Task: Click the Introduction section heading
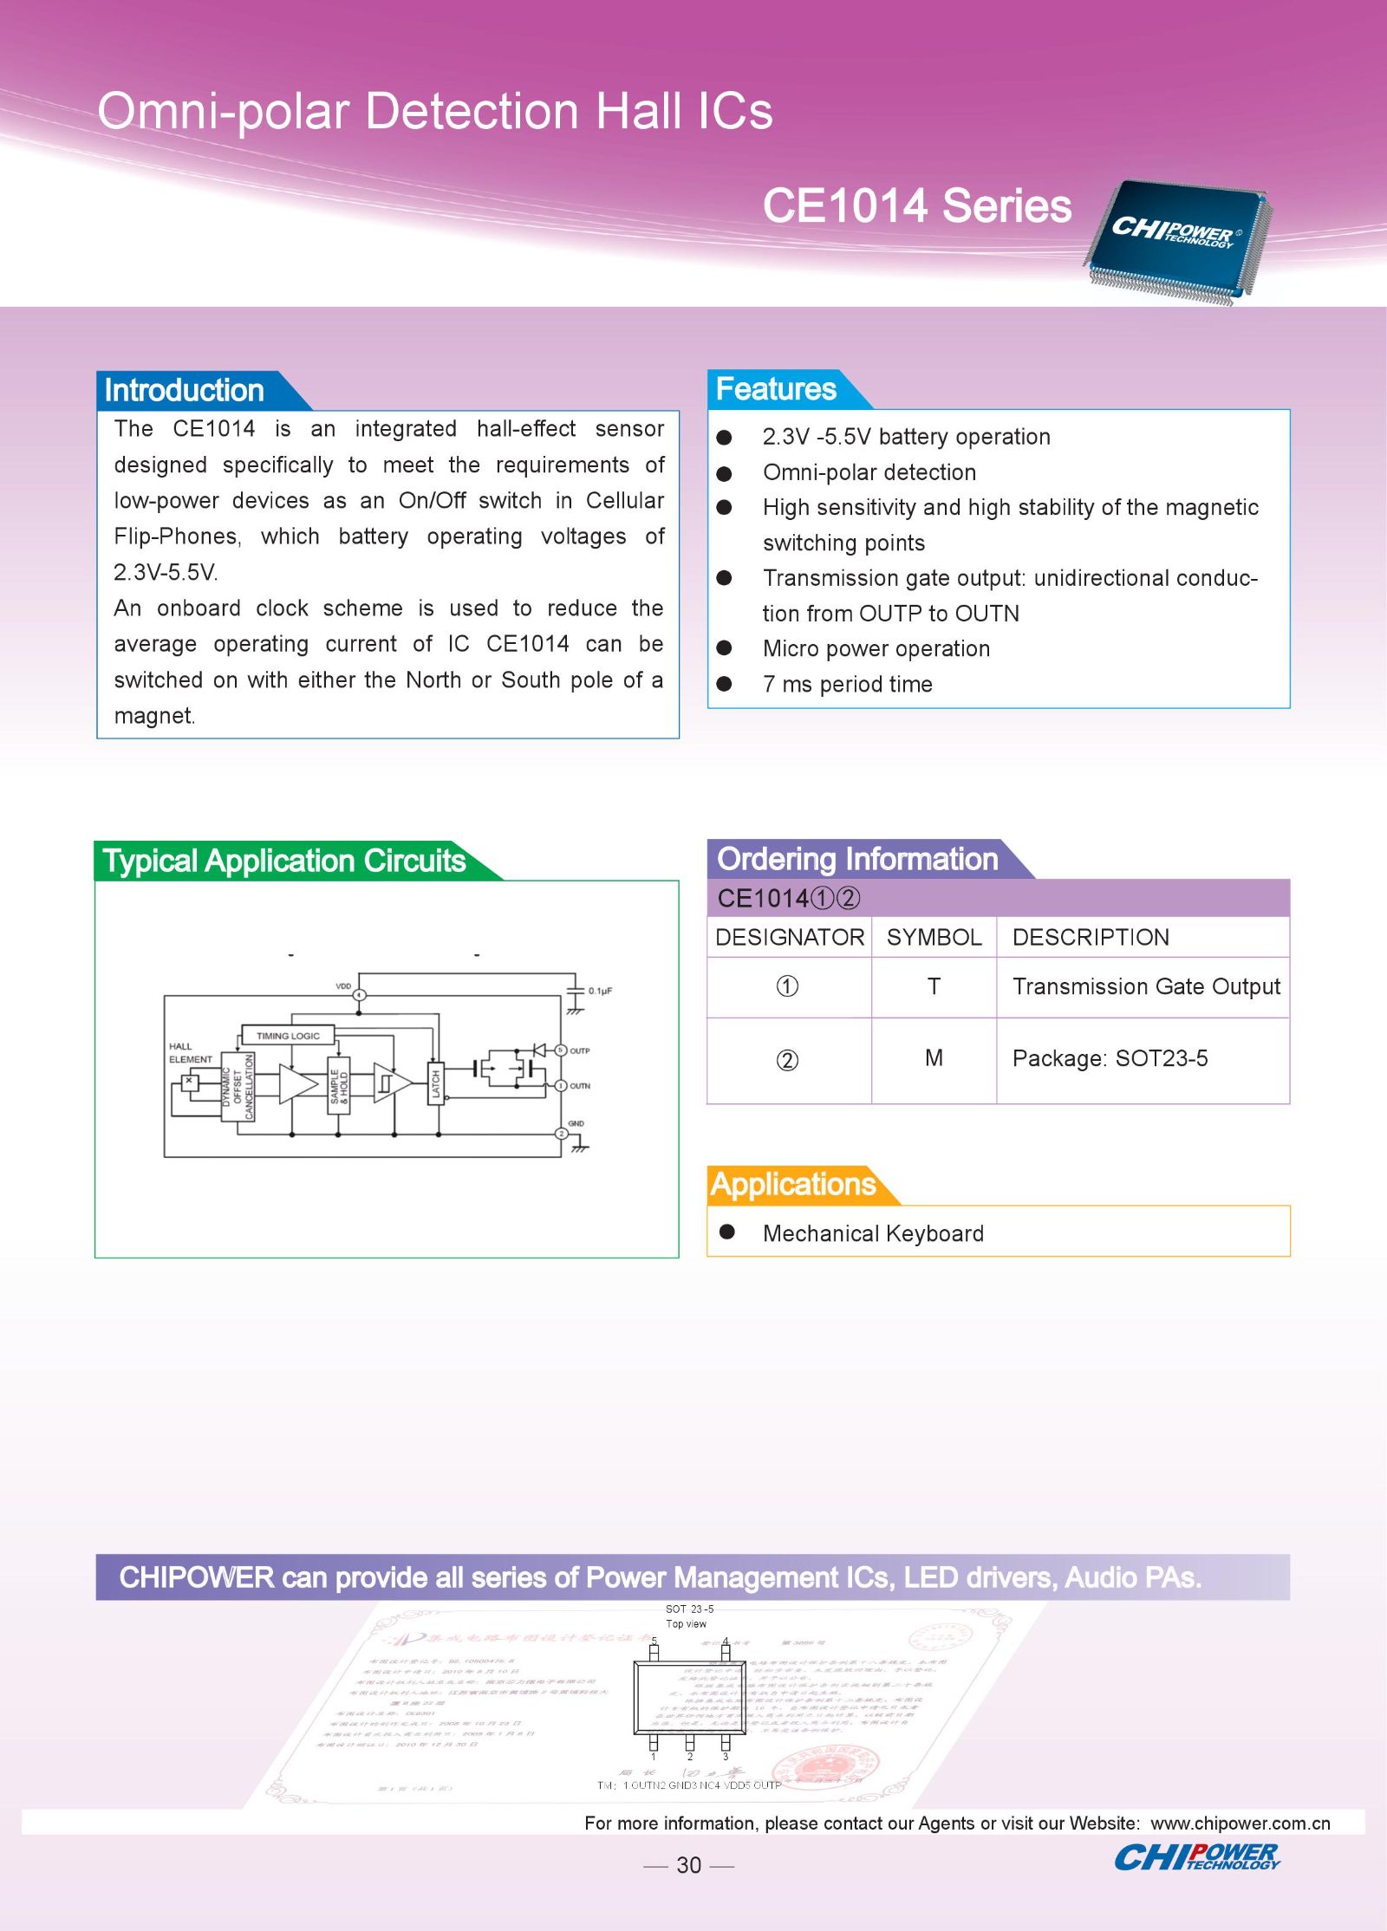tap(184, 391)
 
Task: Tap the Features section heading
tap(776, 389)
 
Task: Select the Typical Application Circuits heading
tap(283, 861)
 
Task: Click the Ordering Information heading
tap(857, 859)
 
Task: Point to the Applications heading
tap(792, 1184)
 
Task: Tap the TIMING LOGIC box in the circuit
tap(288, 1036)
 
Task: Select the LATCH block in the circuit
tap(436, 1083)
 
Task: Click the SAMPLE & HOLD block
tap(338, 1086)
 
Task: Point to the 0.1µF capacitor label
tap(600, 991)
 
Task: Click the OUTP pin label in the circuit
tap(580, 1050)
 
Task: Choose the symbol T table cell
tap(934, 986)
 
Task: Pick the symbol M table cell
tap(934, 1058)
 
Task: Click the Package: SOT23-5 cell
tap(1110, 1058)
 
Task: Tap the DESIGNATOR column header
tap(789, 937)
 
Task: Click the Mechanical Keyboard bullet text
tap(873, 1233)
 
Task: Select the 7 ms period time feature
tap(847, 685)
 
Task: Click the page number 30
tap(688, 1865)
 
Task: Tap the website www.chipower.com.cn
tap(1240, 1823)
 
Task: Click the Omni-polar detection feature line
tap(869, 472)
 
